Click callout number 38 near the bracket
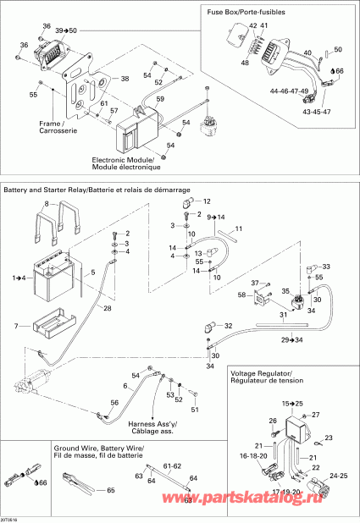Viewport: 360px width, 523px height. click(125, 79)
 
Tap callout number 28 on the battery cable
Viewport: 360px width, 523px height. click(108, 308)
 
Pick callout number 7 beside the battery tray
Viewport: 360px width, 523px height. click(16, 326)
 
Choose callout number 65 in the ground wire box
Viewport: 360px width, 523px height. click(110, 491)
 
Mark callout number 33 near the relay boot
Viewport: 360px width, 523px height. click(328, 267)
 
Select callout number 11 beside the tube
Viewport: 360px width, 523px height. click(239, 229)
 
